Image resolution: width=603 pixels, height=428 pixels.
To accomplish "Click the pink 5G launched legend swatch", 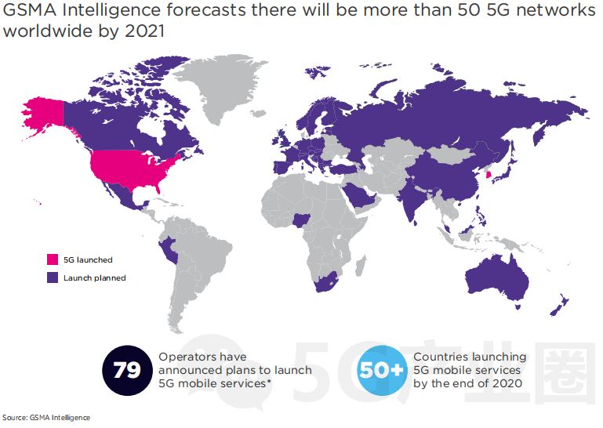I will tap(53, 259).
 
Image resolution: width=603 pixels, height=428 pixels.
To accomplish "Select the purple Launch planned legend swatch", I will tap(53, 277).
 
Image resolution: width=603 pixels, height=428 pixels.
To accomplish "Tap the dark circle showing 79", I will tap(127, 370).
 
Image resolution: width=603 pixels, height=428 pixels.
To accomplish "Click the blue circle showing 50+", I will tap(382, 370).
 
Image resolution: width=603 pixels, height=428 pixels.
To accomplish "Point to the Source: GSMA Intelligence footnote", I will tap(45, 418).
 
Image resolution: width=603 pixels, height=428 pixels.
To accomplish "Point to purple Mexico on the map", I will tap(118, 199).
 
